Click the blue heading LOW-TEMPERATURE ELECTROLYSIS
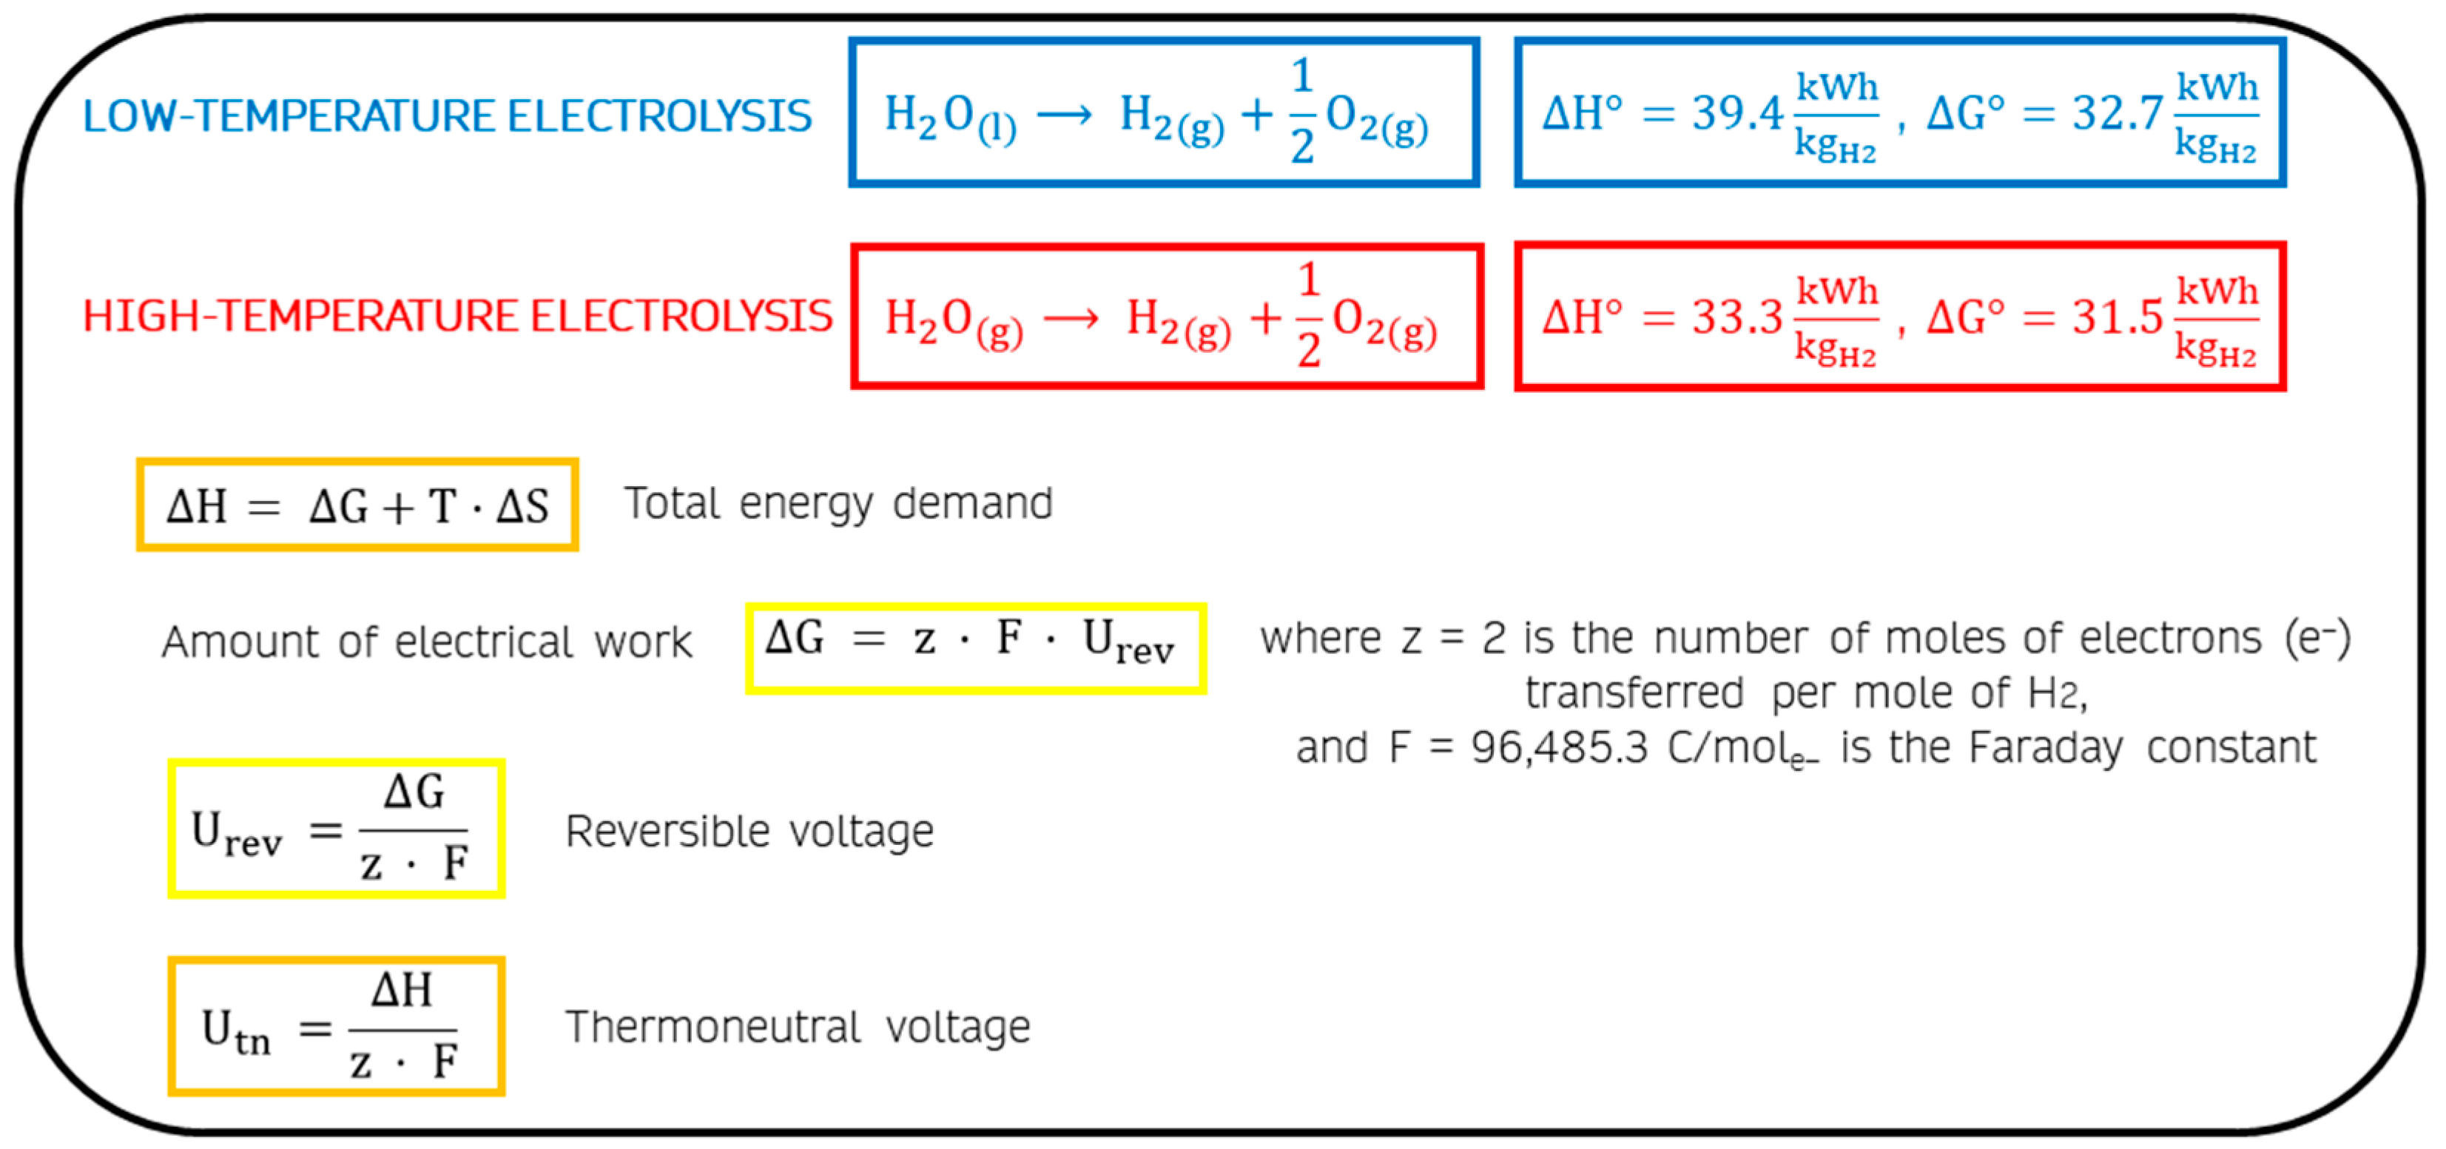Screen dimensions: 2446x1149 [446, 116]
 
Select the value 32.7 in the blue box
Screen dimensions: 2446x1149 [2117, 114]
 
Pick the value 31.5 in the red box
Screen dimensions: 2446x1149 [2117, 317]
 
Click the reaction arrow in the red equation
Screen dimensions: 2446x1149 [1071, 318]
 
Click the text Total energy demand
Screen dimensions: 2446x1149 [838, 503]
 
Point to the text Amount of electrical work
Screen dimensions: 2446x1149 [426, 642]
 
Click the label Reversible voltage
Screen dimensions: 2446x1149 [749, 832]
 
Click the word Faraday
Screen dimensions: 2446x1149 [2045, 748]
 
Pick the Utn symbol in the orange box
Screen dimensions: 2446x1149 [235, 1031]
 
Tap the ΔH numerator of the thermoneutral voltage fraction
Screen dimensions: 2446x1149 [402, 991]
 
